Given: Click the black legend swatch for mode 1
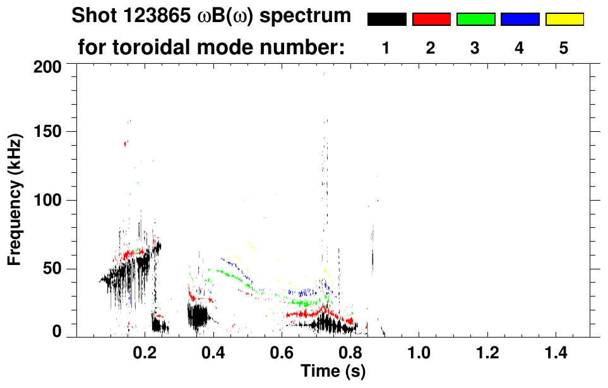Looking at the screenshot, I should (x=386, y=20).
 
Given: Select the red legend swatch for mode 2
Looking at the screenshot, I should (x=431, y=20).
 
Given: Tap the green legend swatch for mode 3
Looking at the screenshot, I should (x=475, y=20).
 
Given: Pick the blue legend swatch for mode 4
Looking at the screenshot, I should (x=520, y=20).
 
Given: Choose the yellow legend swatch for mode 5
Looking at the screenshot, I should (x=564, y=20).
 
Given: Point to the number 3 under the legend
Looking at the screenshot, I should (x=475, y=48).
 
